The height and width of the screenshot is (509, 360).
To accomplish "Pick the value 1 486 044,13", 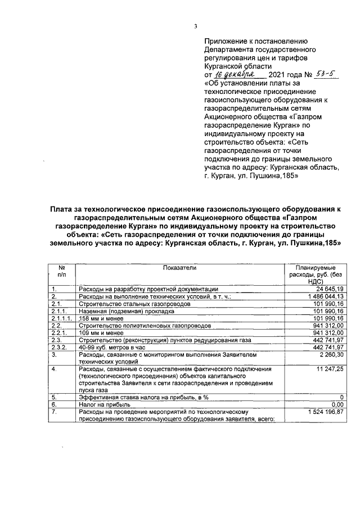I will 322,296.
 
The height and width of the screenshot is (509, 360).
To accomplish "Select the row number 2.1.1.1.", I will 60,318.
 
